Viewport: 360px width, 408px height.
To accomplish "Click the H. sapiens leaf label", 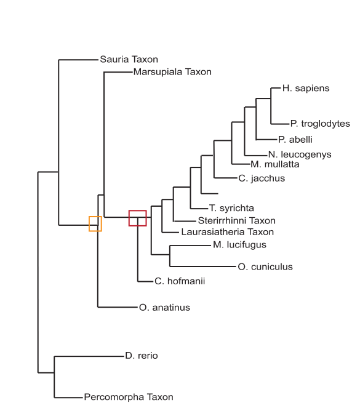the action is (x=306, y=89).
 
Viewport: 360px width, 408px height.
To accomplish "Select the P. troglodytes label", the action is (x=320, y=124).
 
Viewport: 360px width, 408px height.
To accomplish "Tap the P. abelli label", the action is (x=295, y=140).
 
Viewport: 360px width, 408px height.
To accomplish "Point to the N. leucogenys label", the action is (x=300, y=154).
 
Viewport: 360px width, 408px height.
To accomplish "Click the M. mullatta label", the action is (x=275, y=164).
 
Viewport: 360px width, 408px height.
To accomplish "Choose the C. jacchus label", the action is (x=262, y=178).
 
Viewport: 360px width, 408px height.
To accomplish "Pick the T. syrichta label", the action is (x=231, y=208).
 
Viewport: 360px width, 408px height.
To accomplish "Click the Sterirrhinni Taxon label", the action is (x=236, y=221).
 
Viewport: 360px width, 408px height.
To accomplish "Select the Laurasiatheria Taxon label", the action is (x=227, y=232).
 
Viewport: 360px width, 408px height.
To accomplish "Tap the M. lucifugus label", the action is (x=239, y=245).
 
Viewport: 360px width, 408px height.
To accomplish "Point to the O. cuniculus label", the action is (x=265, y=267).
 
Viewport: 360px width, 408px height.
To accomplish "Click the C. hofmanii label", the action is (x=180, y=281).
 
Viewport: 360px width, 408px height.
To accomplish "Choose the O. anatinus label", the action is (x=164, y=308).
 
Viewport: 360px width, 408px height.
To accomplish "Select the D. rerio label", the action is (x=142, y=356).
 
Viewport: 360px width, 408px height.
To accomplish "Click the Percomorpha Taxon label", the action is (x=129, y=397).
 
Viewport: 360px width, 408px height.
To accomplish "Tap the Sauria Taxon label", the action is (x=129, y=60).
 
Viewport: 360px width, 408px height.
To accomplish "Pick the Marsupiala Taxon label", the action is (x=172, y=72).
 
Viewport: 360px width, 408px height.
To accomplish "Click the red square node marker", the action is (x=138, y=210).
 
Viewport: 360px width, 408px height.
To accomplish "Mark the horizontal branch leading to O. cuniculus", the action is (x=202, y=266).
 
